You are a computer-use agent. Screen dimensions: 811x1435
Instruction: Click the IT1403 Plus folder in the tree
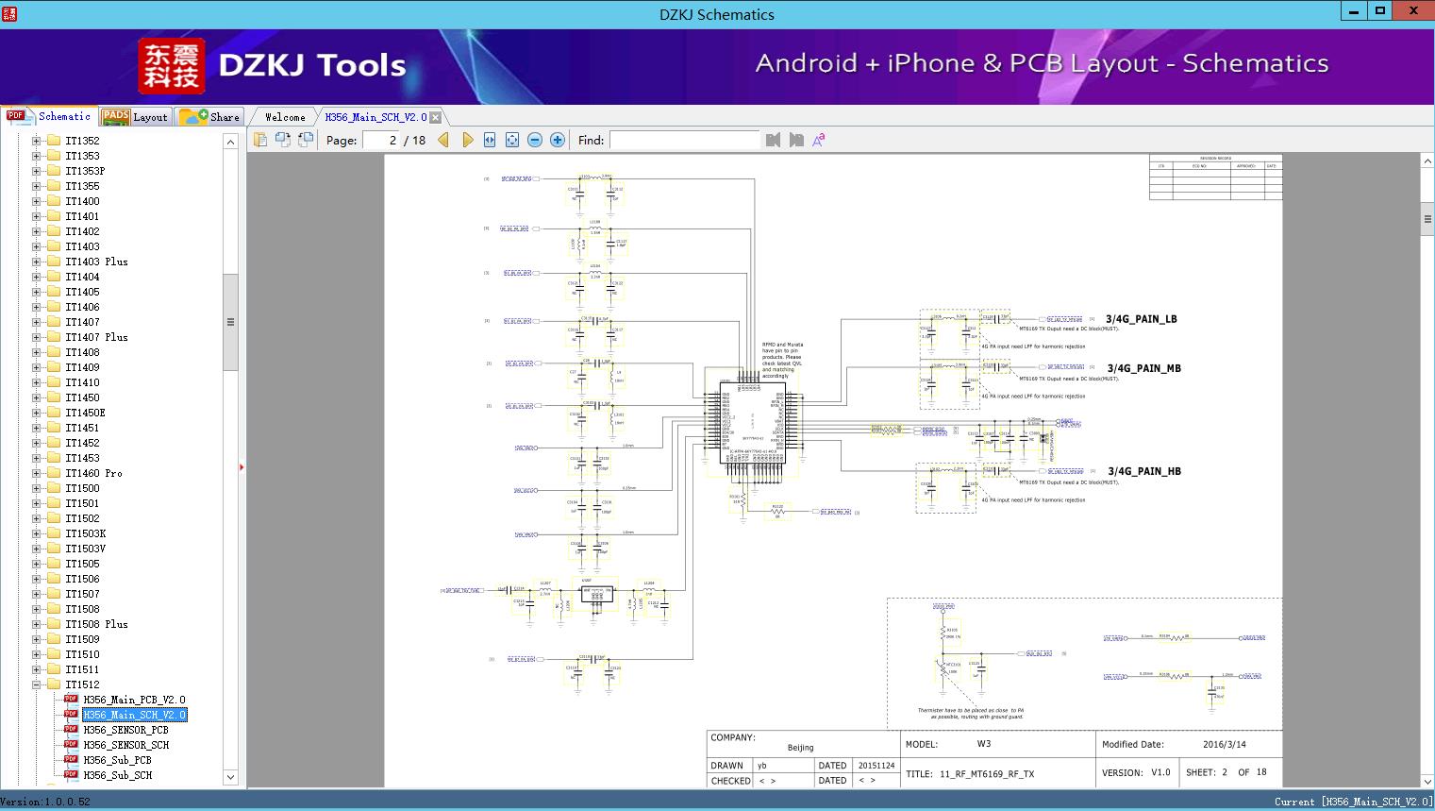[x=96, y=262]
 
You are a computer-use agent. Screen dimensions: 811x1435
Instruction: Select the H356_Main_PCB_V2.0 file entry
[x=134, y=700]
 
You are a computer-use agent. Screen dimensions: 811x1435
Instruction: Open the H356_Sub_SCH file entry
[x=117, y=775]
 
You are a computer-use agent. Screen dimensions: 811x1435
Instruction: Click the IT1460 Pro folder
[x=93, y=473]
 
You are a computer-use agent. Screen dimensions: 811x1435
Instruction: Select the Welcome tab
[x=285, y=117]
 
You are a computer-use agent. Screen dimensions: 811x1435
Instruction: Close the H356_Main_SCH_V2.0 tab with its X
[x=436, y=117]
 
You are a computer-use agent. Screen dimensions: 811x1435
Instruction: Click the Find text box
[x=684, y=140]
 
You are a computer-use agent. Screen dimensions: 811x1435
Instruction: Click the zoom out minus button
[x=535, y=140]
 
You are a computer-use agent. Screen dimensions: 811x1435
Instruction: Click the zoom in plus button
[x=558, y=140]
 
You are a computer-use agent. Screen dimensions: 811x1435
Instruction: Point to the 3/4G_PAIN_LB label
[x=1142, y=319]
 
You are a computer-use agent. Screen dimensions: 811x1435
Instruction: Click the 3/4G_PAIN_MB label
[x=1143, y=368]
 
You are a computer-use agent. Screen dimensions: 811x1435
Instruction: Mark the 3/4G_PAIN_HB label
[x=1143, y=471]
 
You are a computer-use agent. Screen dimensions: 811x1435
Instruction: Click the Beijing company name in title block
[x=800, y=748]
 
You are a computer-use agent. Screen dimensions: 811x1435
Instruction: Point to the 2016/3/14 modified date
[x=1224, y=744]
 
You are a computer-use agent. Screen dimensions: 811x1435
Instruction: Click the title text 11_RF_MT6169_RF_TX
[x=986, y=774]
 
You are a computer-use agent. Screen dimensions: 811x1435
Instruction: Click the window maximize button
[x=1380, y=11]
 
